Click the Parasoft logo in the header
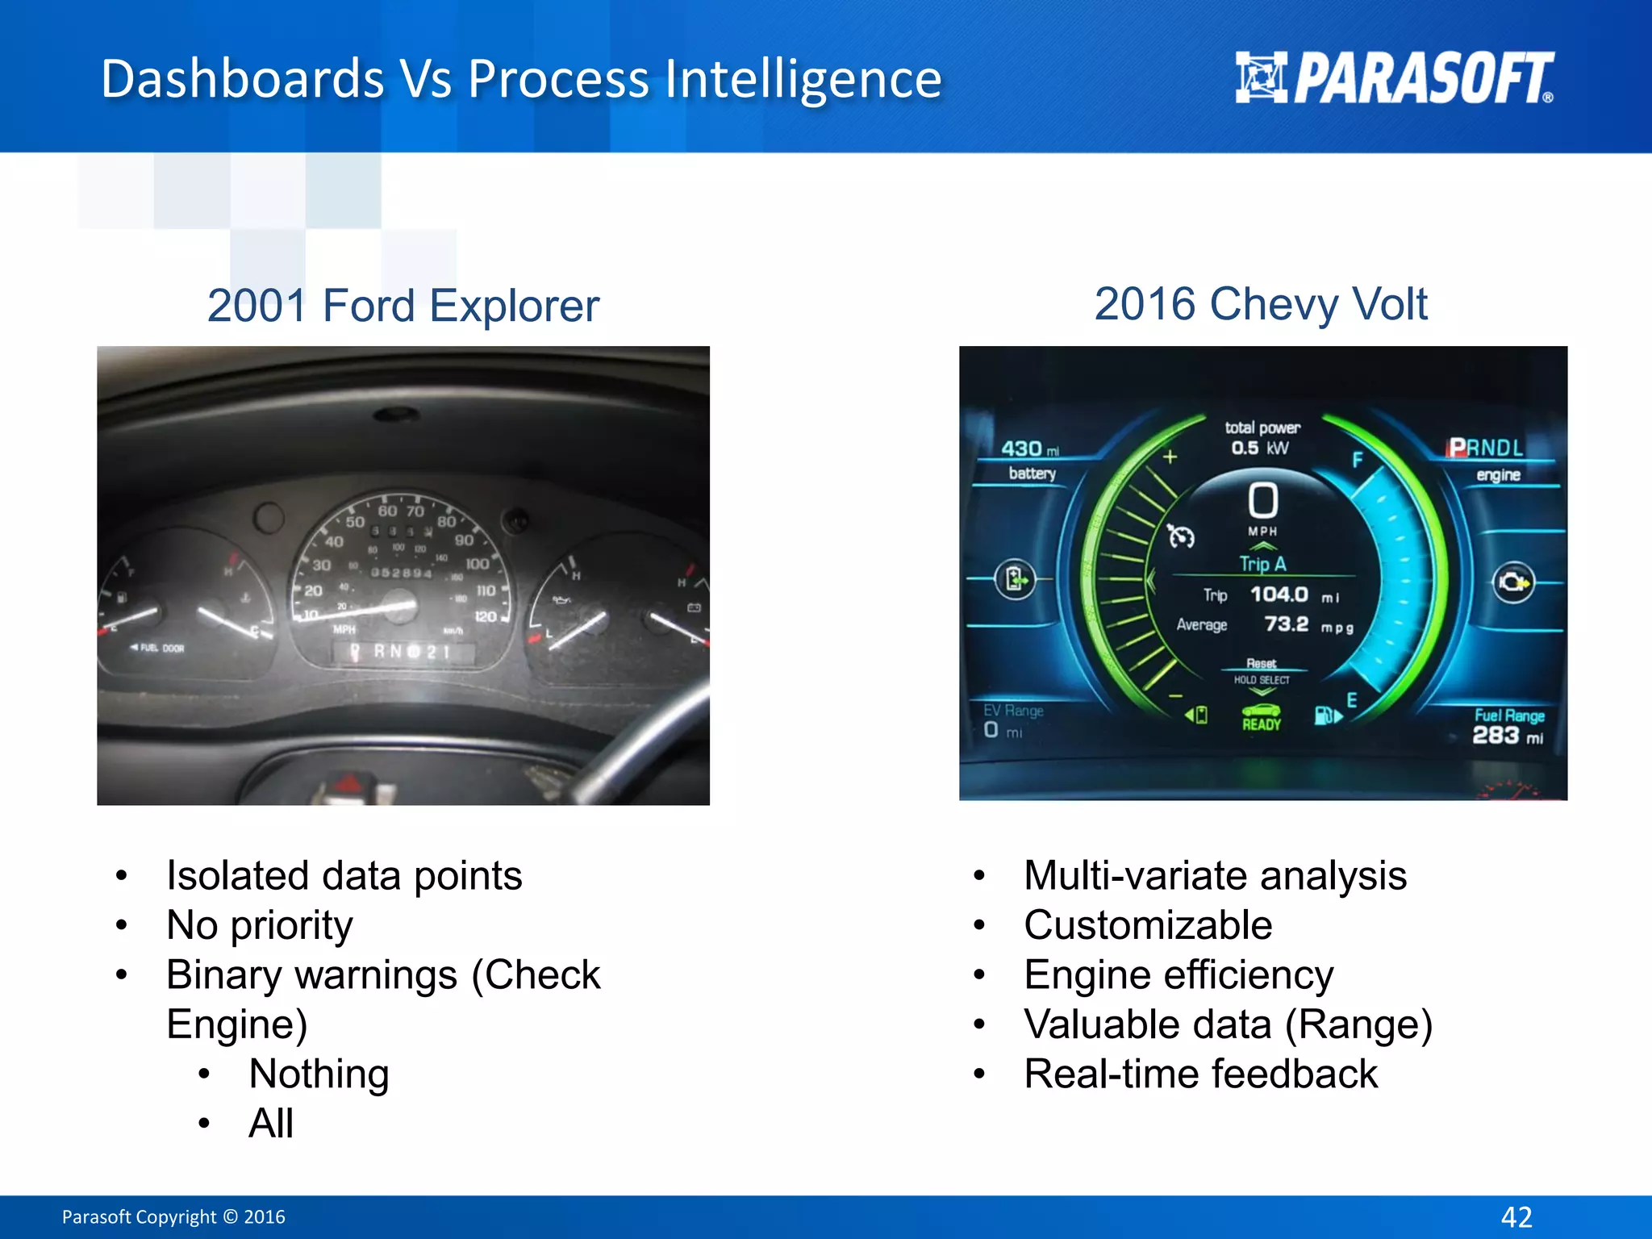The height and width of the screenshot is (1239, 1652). pyautogui.click(x=1394, y=78)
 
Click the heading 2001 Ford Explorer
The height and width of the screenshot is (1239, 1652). pyautogui.click(x=403, y=306)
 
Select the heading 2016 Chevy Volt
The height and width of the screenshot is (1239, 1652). pyautogui.click(x=1261, y=304)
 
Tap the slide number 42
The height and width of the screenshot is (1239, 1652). pyautogui.click(x=1516, y=1216)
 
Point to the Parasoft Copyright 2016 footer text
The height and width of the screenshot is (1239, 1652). pyautogui.click(x=173, y=1216)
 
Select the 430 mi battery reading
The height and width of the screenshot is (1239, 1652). pyautogui.click(x=1029, y=449)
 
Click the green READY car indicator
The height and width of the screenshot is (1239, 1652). pyautogui.click(x=1262, y=716)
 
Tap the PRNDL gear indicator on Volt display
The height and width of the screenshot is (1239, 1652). pyautogui.click(x=1486, y=448)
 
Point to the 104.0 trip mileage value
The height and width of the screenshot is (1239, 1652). pyautogui.click(x=1279, y=594)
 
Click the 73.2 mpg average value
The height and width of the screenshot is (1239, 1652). pyautogui.click(x=1287, y=624)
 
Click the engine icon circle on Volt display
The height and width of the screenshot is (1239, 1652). pyautogui.click(x=1513, y=582)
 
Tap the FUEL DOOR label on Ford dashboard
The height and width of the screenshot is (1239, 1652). pyautogui.click(x=161, y=648)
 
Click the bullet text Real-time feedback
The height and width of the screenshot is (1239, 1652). pyautogui.click(x=1200, y=1074)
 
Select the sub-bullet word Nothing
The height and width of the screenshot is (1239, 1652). pyautogui.click(x=319, y=1074)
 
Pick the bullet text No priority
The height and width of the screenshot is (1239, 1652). pyautogui.click(x=259, y=925)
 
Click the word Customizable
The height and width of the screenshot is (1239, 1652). pyautogui.click(x=1148, y=925)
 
